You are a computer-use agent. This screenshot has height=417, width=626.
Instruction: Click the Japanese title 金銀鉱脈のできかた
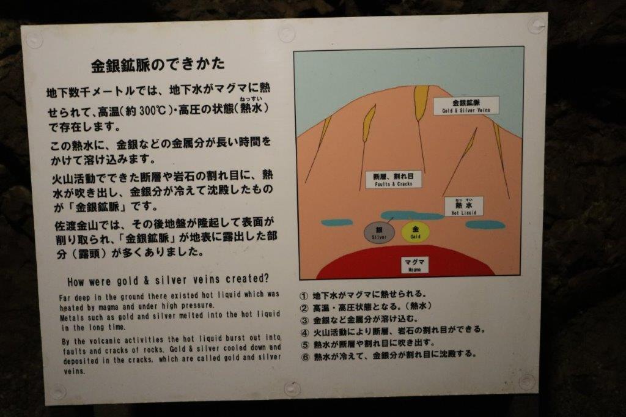pyautogui.click(x=158, y=64)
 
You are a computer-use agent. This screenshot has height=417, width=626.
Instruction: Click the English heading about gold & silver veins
pyautogui.click(x=168, y=279)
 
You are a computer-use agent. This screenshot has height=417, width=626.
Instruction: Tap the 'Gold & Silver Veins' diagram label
pyautogui.click(x=466, y=105)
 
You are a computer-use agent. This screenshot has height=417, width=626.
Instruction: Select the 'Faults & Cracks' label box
pyautogui.click(x=393, y=180)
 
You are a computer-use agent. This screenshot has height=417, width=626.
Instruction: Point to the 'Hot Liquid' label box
pyautogui.click(x=463, y=207)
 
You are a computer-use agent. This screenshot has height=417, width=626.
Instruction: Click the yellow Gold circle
pyautogui.click(x=416, y=232)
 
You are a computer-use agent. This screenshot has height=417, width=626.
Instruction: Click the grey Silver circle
pyautogui.click(x=379, y=233)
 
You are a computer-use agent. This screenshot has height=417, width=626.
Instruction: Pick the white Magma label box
pyautogui.click(x=414, y=265)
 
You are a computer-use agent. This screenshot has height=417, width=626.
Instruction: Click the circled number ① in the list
pyautogui.click(x=304, y=296)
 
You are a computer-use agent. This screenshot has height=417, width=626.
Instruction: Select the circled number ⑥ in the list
pyautogui.click(x=306, y=356)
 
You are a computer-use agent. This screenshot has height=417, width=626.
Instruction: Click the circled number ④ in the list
pyautogui.click(x=305, y=333)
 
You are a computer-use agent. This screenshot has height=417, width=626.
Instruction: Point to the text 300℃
pyautogui.click(x=152, y=110)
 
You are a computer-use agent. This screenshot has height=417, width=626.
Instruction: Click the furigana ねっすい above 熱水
pyautogui.click(x=251, y=98)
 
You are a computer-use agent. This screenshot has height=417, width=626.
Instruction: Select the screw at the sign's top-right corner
pyautogui.click(x=536, y=26)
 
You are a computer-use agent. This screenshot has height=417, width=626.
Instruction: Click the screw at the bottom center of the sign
pyautogui.click(x=292, y=389)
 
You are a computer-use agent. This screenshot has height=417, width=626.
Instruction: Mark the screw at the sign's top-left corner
pyautogui.click(x=34, y=40)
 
